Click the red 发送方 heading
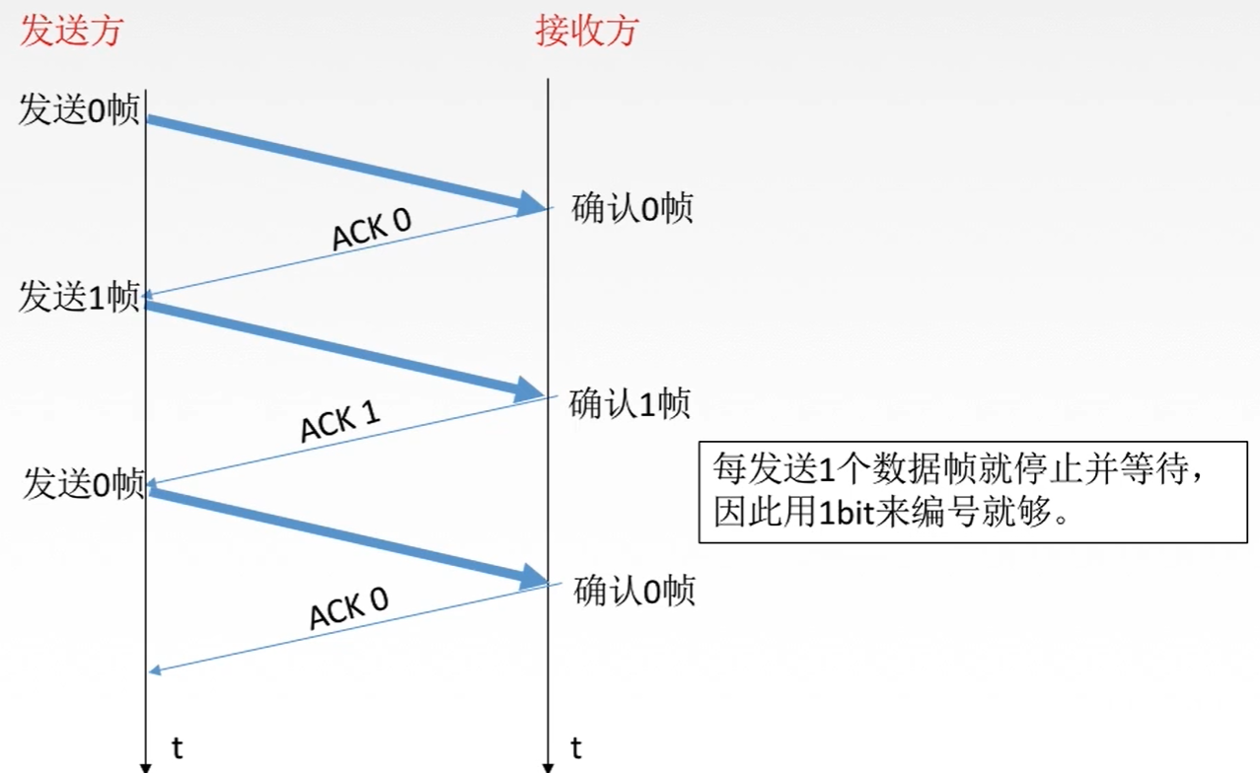point(71,31)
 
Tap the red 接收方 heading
point(587,31)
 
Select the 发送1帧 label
point(79,297)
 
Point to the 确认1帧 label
point(630,404)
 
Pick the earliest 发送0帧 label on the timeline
point(79,110)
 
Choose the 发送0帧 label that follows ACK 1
point(84,484)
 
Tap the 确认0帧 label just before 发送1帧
point(632,209)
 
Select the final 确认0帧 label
point(634,591)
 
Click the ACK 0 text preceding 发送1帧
point(371,231)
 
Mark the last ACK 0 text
point(348,606)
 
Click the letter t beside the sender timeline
point(178,747)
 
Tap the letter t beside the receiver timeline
point(576,747)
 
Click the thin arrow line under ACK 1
point(345,441)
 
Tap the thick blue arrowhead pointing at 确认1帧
point(530,391)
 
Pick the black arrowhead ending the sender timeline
point(146,766)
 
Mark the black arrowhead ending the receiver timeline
point(548,766)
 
